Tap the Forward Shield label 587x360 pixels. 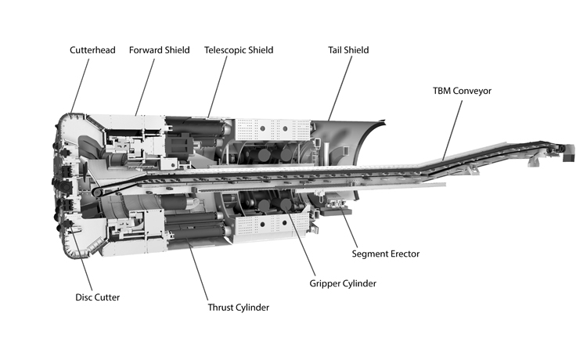160,50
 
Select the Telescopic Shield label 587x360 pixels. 239,50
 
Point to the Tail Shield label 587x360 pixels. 348,50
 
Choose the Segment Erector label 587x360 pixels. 384,254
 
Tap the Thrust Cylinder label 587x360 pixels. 238,308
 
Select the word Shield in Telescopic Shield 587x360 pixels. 258,50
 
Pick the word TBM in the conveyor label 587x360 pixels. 443,91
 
